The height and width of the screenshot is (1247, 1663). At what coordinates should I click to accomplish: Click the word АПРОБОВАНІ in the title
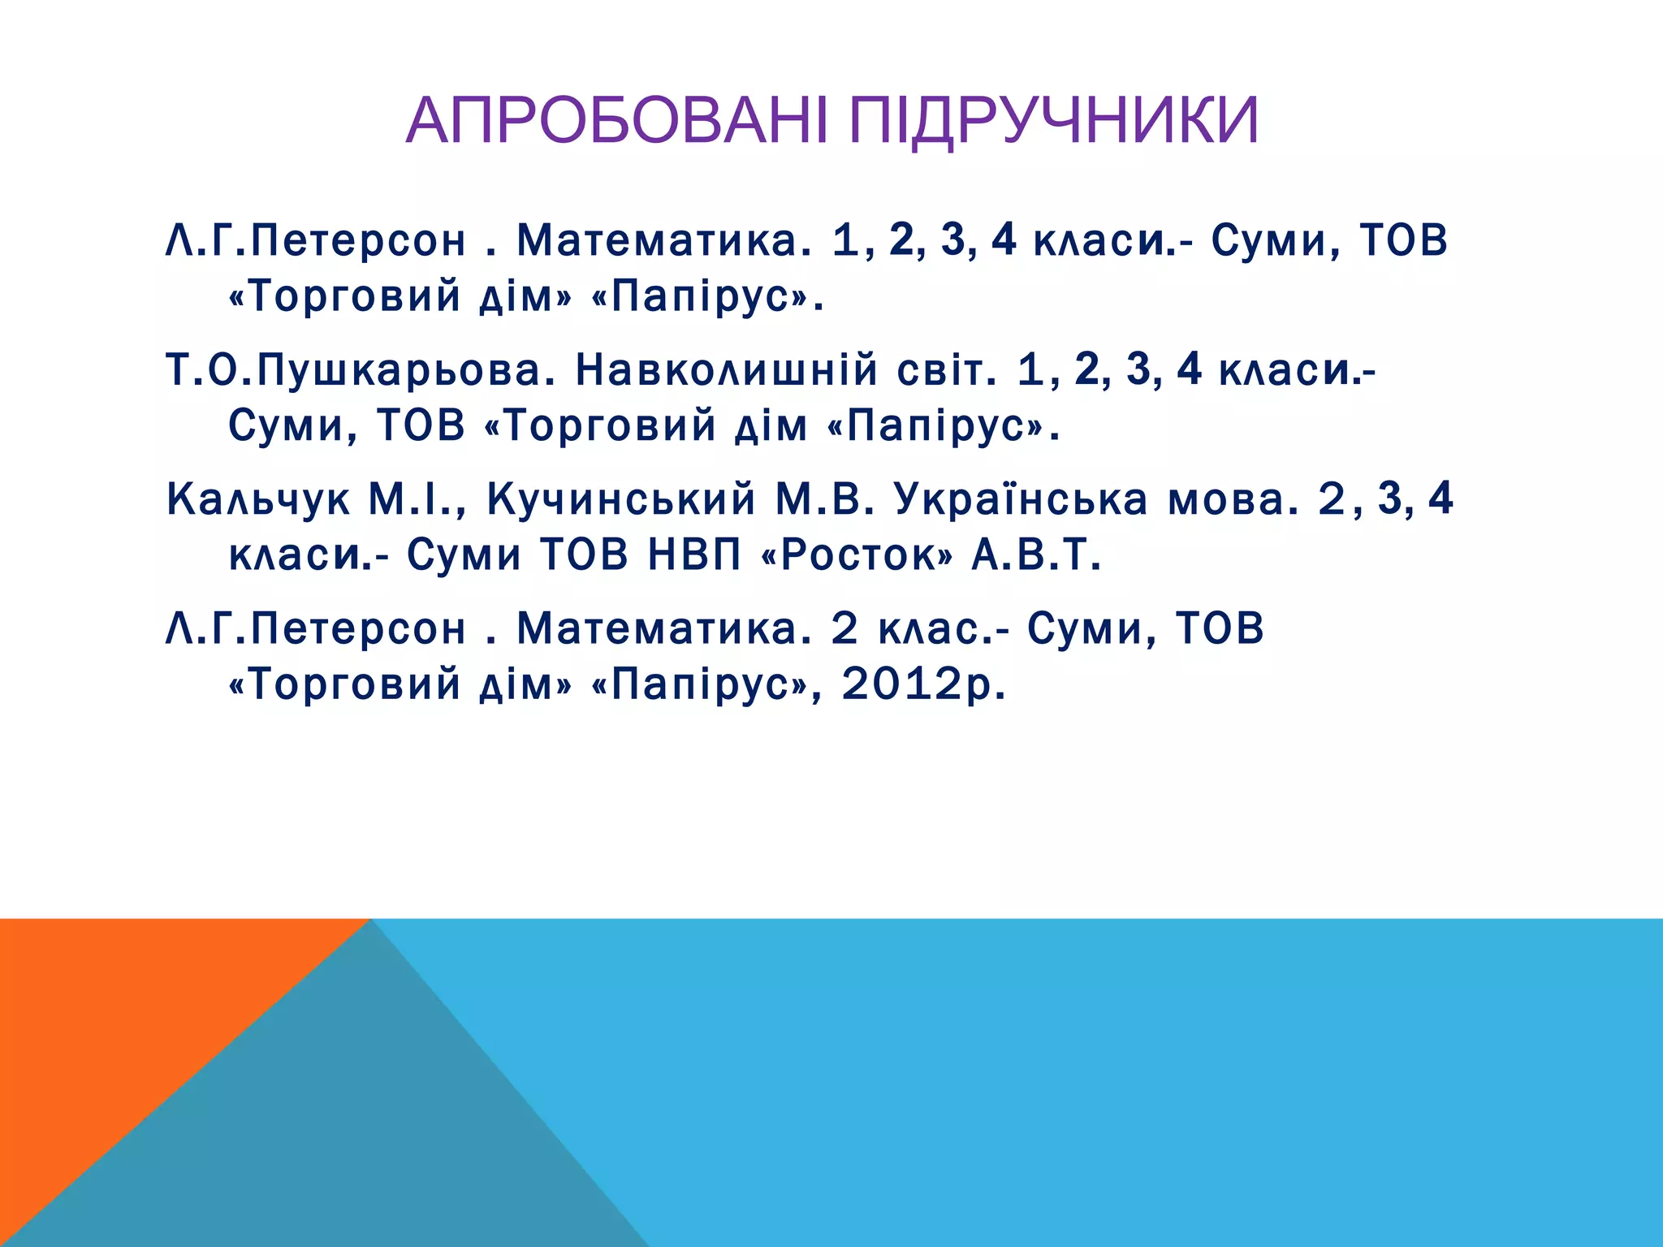(x=617, y=121)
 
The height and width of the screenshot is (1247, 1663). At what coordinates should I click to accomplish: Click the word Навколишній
(x=727, y=370)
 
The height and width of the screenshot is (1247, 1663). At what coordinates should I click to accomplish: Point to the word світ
(x=947, y=370)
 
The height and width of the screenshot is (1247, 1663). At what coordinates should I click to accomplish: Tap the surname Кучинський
(x=621, y=500)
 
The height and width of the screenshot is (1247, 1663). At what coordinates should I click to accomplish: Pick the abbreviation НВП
(x=694, y=555)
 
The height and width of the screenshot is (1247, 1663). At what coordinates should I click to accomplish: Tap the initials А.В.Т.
(x=1036, y=555)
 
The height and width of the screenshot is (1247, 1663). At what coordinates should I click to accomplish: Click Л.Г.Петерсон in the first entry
(x=316, y=241)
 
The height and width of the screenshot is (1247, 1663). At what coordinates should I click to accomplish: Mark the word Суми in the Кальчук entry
(x=464, y=555)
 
